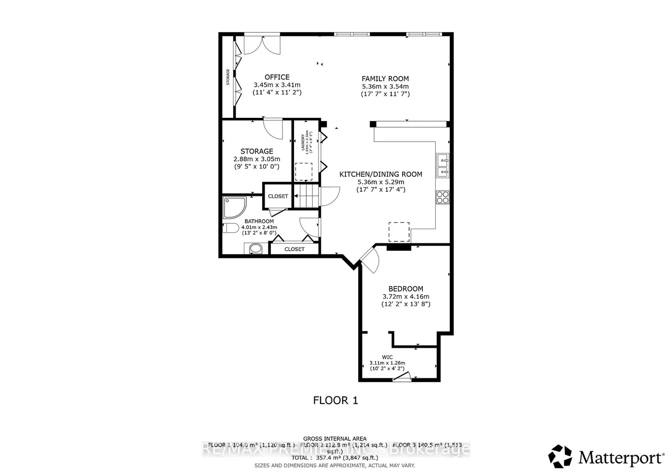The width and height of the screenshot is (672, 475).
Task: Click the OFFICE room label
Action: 277,77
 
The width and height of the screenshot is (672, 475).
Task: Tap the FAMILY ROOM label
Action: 385,78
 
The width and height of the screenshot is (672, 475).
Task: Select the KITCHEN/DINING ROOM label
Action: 380,174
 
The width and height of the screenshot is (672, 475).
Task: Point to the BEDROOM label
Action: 406,288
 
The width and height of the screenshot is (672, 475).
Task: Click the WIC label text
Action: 387,357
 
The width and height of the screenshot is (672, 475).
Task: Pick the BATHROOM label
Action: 259,221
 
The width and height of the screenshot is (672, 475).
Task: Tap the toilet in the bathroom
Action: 231,228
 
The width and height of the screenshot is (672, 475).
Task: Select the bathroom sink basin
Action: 255,249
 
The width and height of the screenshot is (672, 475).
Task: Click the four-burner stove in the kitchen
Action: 443,197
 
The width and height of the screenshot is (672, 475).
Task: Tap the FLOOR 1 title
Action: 335,400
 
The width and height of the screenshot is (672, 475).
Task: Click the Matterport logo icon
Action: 560,456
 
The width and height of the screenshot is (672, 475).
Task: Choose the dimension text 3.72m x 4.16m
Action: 406,297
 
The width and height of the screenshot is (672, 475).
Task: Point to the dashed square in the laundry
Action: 303,171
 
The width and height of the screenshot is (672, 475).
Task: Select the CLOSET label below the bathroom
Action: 294,249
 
